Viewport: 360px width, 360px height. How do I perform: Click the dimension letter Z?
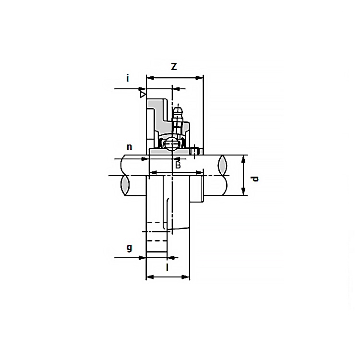point(174,67)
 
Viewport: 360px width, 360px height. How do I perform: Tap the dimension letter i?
point(128,78)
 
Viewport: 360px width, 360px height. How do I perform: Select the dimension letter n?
point(130,147)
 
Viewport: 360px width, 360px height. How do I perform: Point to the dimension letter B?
point(178,165)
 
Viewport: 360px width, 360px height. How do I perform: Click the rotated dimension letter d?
point(255,179)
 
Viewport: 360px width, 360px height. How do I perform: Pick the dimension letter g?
point(130,248)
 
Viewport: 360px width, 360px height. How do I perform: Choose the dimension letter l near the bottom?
point(168,267)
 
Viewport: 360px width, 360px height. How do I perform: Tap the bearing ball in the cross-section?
point(171,144)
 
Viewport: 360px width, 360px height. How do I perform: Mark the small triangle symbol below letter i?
point(143,95)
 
